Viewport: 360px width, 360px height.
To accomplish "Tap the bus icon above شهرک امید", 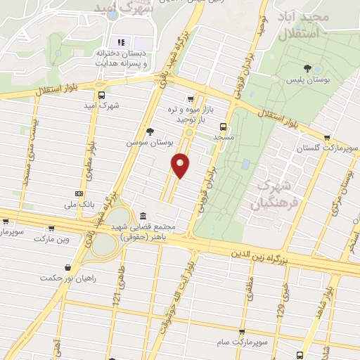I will click(x=101, y=95).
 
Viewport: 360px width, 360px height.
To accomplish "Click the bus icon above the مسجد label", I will click(x=223, y=127).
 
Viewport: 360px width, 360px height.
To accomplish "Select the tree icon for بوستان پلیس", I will click(x=307, y=68).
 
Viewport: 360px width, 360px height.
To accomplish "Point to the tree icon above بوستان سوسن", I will click(x=149, y=131).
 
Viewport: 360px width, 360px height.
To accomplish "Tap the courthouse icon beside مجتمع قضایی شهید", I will click(x=143, y=216).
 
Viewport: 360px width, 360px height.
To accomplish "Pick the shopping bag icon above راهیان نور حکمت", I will click(x=67, y=267).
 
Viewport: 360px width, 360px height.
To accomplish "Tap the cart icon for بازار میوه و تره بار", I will click(x=190, y=98).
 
